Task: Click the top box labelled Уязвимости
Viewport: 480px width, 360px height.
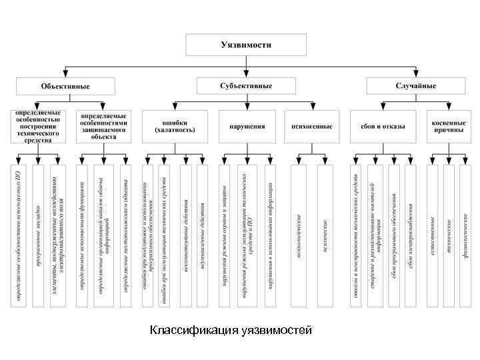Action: (246, 45)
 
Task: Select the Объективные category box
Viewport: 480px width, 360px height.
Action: (65, 86)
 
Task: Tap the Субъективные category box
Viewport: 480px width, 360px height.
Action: (246, 86)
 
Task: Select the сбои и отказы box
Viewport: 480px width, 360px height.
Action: (383, 127)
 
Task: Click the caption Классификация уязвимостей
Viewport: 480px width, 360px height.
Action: (230, 331)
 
